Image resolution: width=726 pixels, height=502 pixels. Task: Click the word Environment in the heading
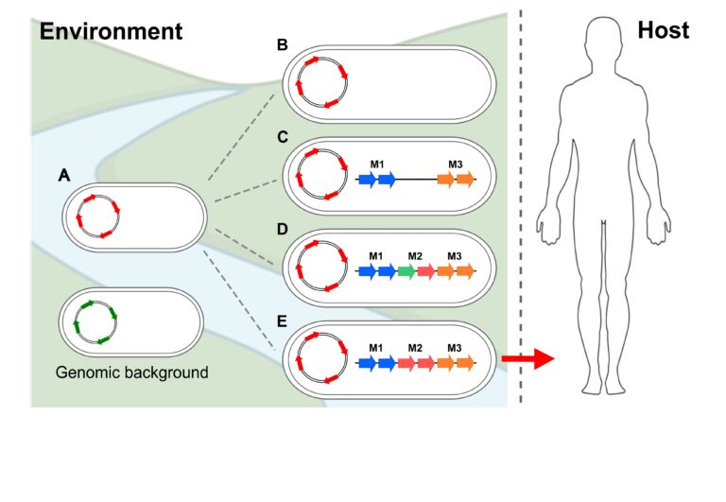point(111,30)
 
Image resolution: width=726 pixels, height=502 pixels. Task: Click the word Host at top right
point(663,30)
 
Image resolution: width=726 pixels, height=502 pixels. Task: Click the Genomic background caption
point(132,372)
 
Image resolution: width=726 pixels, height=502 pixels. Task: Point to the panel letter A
point(64,175)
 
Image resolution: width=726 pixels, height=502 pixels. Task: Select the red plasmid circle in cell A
point(97,217)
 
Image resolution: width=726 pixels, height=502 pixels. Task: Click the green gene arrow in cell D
point(406,272)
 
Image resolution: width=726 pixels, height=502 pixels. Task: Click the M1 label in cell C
point(377,165)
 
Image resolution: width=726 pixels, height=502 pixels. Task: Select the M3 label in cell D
point(455,256)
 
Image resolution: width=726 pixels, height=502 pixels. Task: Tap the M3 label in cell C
point(455,165)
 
